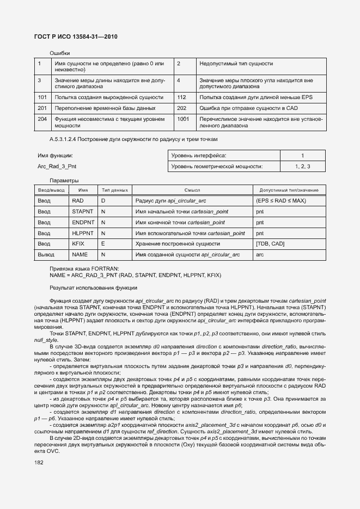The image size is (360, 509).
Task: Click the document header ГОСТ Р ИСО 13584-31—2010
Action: [x=76, y=36]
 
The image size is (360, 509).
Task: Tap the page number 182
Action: [x=39, y=462]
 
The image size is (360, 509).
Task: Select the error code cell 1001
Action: [x=183, y=119]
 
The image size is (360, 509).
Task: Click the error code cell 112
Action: [x=182, y=97]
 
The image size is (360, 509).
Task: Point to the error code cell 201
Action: [x=42, y=108]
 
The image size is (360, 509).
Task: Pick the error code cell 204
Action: [x=42, y=119]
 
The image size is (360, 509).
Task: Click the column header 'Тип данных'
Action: [x=114, y=190]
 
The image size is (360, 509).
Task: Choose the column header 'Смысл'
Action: [x=192, y=190]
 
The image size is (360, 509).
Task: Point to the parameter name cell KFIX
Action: [x=78, y=243]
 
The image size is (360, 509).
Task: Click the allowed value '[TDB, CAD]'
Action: [x=270, y=243]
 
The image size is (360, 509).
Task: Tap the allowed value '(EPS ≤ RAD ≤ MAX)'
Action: [x=280, y=200]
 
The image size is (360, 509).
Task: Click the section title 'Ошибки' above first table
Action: [x=59, y=53]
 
